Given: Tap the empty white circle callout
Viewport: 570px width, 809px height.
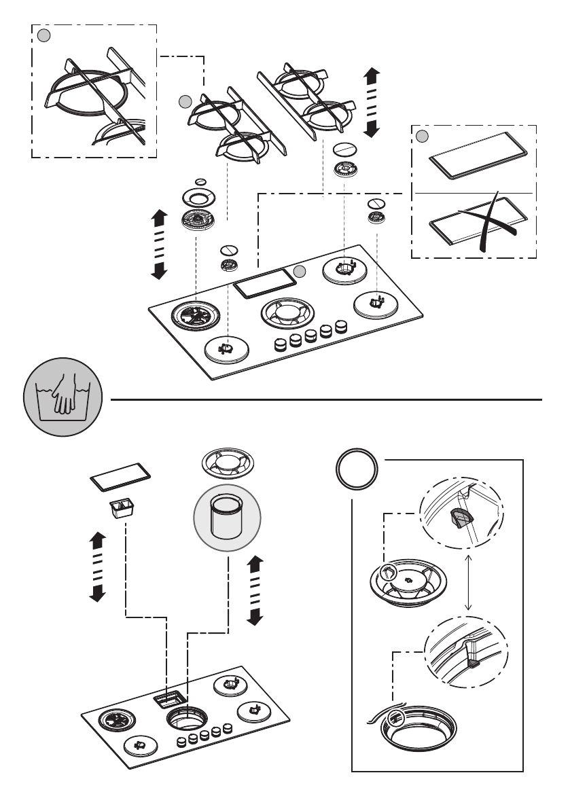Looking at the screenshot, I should click(357, 471).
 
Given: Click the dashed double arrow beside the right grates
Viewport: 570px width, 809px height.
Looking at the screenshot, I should click(372, 102).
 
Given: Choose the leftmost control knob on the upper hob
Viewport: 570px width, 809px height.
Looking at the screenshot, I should click(280, 345).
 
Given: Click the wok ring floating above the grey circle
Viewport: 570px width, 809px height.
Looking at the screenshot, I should click(228, 464).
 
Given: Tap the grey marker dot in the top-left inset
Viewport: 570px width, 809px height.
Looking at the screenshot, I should click(43, 35).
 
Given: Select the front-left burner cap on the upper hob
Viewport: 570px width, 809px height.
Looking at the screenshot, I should click(226, 349).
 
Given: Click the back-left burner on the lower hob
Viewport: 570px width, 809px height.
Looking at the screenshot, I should click(113, 719).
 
